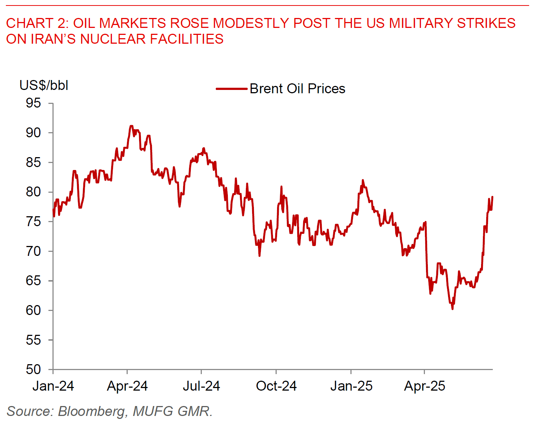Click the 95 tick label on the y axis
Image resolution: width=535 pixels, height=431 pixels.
tap(33, 103)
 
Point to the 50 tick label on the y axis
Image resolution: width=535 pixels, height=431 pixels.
tap(33, 369)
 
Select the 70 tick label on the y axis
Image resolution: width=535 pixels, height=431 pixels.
tap(33, 251)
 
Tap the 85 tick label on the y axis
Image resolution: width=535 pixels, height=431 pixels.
tap(33, 162)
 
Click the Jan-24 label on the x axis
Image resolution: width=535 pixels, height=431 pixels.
tap(53, 386)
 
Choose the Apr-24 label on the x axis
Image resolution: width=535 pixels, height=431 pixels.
tap(127, 386)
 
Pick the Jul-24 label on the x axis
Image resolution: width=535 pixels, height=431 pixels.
tap(201, 386)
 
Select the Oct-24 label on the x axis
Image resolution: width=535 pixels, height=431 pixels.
tap(276, 386)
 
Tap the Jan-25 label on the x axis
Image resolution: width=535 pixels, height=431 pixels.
tap(351, 386)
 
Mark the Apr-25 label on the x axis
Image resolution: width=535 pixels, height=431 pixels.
tap(425, 386)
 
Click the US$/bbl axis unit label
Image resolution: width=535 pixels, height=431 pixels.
tap(44, 85)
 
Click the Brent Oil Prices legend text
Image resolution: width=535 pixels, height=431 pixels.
tap(297, 89)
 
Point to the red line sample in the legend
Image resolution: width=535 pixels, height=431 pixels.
tap(231, 89)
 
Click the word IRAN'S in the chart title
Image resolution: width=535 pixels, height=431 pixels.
tap(52, 39)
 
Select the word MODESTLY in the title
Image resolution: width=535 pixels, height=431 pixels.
tap(251, 23)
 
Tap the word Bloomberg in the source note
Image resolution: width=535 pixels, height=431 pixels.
tap(92, 411)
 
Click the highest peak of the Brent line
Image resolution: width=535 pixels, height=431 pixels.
tap(131, 126)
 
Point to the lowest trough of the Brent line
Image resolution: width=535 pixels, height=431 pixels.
tap(452, 309)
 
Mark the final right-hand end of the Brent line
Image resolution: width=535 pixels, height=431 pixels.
tap(492, 197)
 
